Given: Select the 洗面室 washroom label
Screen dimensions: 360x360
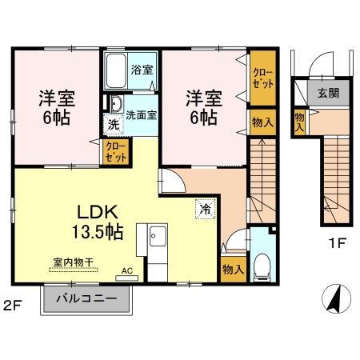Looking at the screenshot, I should click(140, 114).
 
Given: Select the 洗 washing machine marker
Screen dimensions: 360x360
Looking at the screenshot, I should click(113, 125).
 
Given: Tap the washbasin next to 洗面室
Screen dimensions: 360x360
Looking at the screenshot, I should click(114, 105).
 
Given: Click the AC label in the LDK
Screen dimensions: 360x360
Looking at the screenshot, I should click(127, 270).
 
